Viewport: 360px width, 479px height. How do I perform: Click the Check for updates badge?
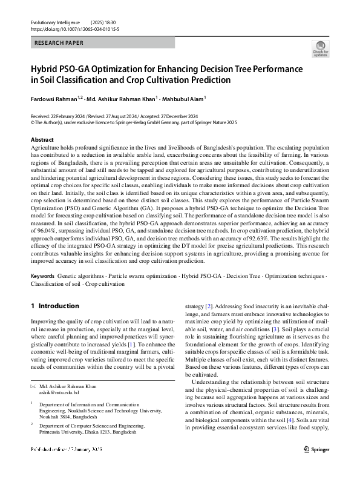[x=321, y=49]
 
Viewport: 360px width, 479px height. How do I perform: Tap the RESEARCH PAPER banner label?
[x=59, y=43]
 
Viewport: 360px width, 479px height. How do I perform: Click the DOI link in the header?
[x=67, y=28]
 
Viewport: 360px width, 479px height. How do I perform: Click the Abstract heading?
[x=42, y=140]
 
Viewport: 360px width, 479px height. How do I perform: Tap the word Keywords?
[x=43, y=276]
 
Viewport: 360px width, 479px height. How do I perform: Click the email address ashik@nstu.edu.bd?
[x=59, y=375]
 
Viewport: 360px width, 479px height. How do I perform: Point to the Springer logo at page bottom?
[x=316, y=466]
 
